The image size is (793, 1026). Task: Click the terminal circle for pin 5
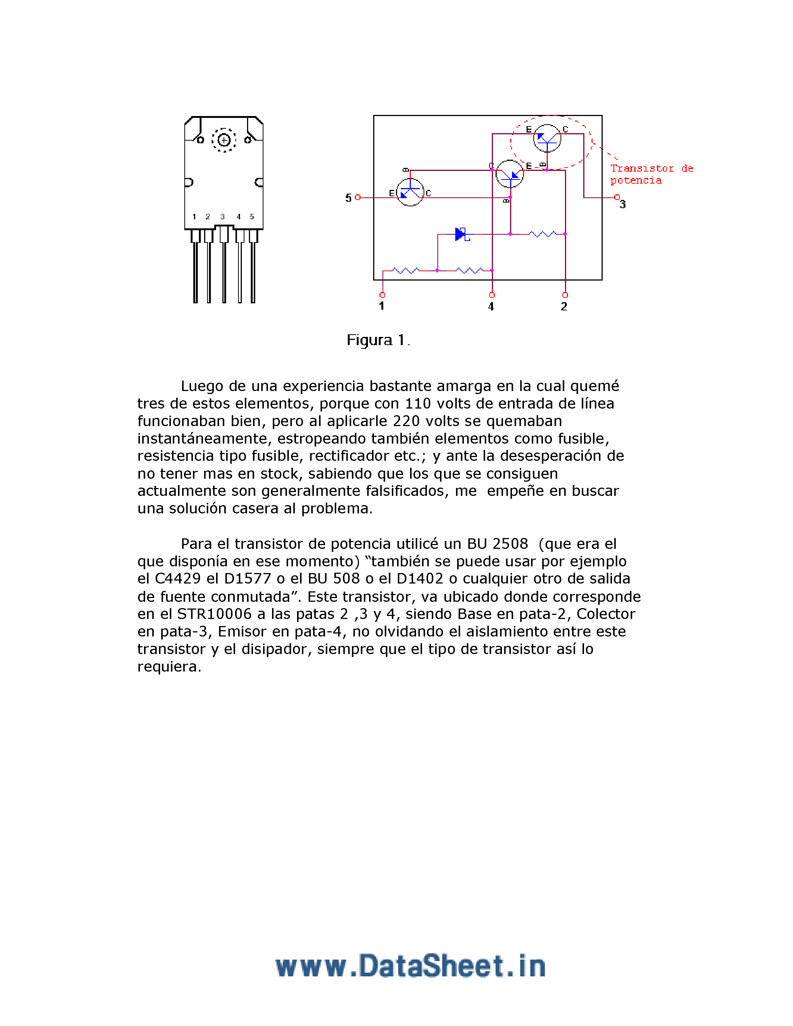click(x=358, y=197)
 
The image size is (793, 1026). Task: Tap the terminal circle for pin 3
click(x=617, y=197)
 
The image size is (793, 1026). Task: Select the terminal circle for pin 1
click(x=383, y=295)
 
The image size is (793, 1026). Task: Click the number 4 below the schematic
click(x=491, y=307)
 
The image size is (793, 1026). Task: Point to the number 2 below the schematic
click(x=564, y=307)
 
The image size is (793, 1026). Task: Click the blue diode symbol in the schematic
click(x=461, y=234)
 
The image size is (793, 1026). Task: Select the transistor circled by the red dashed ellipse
click(x=547, y=138)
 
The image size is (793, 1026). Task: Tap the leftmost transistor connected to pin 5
click(x=410, y=192)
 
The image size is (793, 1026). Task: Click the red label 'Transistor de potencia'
click(x=651, y=174)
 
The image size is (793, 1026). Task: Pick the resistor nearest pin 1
click(x=406, y=270)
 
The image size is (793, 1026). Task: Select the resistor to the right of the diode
click(x=543, y=234)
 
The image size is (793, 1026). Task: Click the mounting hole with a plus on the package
click(x=224, y=140)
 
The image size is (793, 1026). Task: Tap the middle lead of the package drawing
click(x=224, y=268)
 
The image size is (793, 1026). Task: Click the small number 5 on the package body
click(x=252, y=216)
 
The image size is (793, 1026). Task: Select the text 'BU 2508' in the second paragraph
click(x=497, y=544)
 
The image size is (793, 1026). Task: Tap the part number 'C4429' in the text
click(x=178, y=579)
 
